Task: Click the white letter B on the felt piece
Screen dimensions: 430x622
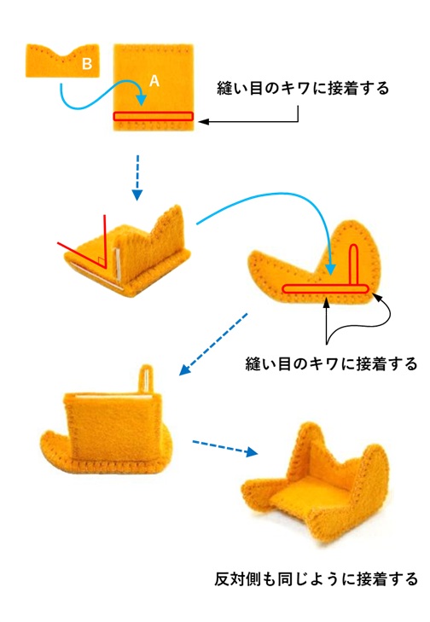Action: point(87,63)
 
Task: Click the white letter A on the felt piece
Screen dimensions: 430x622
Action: point(154,81)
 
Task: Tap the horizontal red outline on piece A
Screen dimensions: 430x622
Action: point(153,116)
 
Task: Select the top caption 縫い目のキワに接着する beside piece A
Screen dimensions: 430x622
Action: point(303,88)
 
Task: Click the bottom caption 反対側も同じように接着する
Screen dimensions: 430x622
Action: point(317,578)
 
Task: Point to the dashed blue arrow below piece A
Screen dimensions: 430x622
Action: point(137,177)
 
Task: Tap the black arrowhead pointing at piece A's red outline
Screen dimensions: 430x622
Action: point(204,121)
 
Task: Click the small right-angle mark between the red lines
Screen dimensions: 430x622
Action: point(101,262)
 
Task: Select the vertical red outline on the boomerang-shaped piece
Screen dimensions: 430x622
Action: point(354,265)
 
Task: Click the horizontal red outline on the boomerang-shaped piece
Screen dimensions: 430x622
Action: point(325,288)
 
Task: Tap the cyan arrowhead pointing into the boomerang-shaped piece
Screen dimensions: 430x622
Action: point(330,270)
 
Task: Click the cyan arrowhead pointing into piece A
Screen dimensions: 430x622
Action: point(141,100)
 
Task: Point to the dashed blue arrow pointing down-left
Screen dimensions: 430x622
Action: point(213,344)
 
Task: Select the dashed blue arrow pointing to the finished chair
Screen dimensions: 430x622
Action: point(225,447)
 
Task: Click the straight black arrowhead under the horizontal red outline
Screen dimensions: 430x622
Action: point(326,302)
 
